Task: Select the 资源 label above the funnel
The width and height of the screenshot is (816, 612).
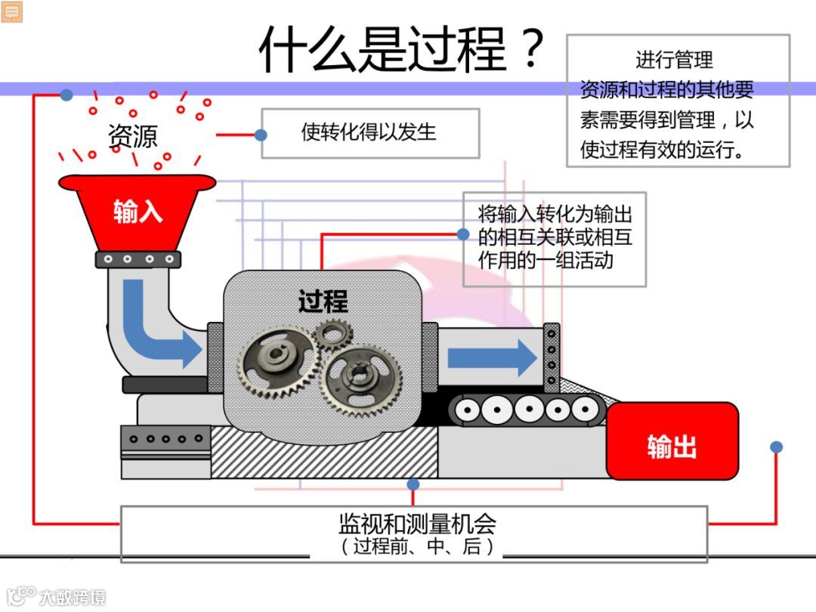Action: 133,137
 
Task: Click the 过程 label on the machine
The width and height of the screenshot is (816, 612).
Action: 323,301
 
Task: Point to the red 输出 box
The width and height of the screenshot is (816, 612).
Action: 672,447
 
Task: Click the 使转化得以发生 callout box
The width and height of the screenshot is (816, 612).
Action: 369,132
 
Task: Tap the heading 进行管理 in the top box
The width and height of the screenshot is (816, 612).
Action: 674,59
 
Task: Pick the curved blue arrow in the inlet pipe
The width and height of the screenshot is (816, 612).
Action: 155,325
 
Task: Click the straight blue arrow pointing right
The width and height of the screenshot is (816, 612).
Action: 492,357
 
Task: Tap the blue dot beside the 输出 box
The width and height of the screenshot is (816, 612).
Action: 776,447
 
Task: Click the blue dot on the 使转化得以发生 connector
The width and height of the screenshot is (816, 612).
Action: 261,135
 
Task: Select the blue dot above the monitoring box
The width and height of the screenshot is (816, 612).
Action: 413,484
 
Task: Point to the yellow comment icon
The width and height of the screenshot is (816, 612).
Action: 12,11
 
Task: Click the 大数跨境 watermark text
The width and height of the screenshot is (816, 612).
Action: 73,597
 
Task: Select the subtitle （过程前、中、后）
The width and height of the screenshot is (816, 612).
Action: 416,546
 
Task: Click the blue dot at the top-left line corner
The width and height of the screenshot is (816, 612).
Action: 66,95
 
